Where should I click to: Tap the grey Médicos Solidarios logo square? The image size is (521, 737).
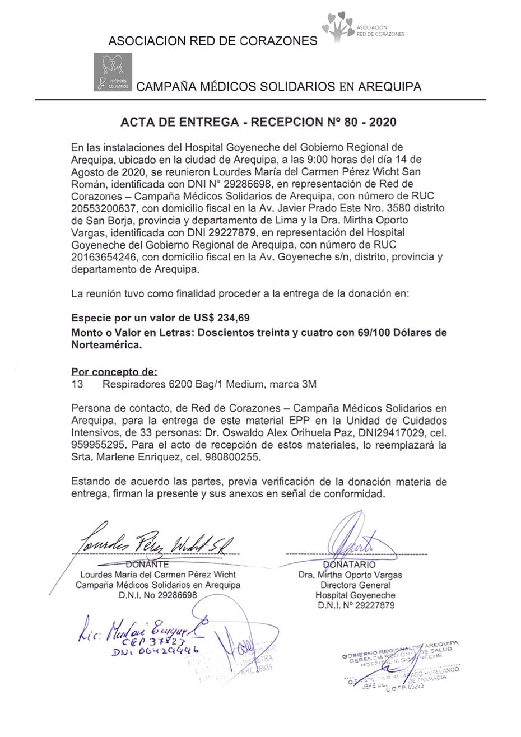click(x=113, y=72)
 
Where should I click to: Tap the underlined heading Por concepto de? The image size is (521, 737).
click(x=114, y=372)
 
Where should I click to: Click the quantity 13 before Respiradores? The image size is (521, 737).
click(x=77, y=384)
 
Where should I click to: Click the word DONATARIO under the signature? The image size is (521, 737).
click(x=350, y=565)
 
